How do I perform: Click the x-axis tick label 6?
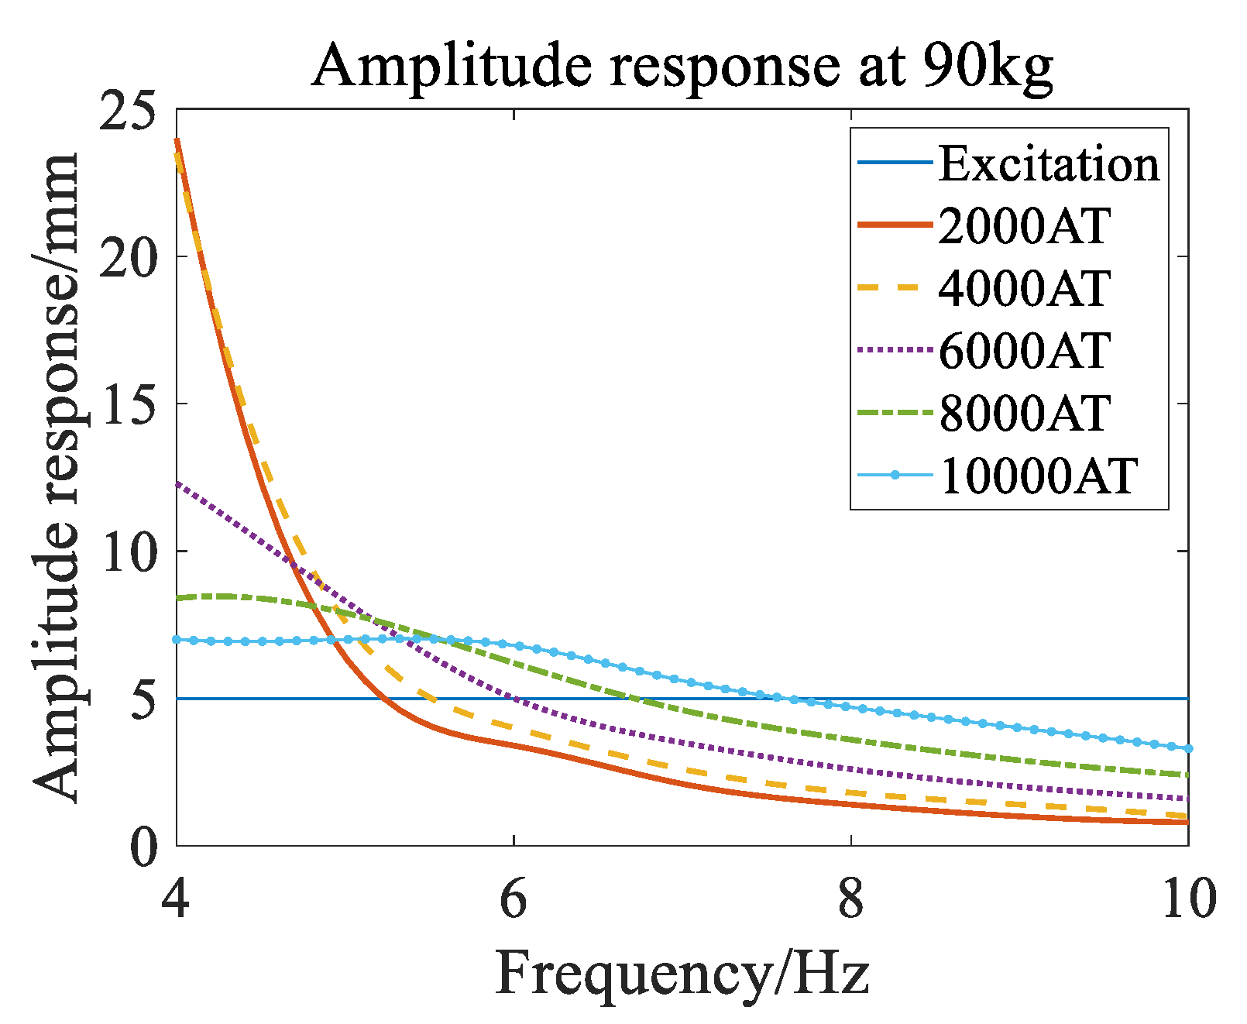coord(514,900)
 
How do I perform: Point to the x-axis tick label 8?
coord(851,900)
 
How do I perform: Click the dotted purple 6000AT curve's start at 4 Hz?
coord(177,483)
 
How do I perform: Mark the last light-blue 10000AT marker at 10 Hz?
coord(1188,748)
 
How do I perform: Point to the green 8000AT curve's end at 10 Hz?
coord(1187,775)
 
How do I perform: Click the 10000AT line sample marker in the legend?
coord(895,474)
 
